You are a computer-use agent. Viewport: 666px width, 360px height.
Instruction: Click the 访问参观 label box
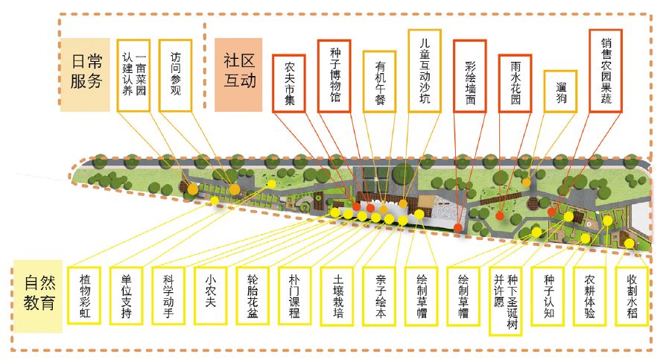(174, 74)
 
